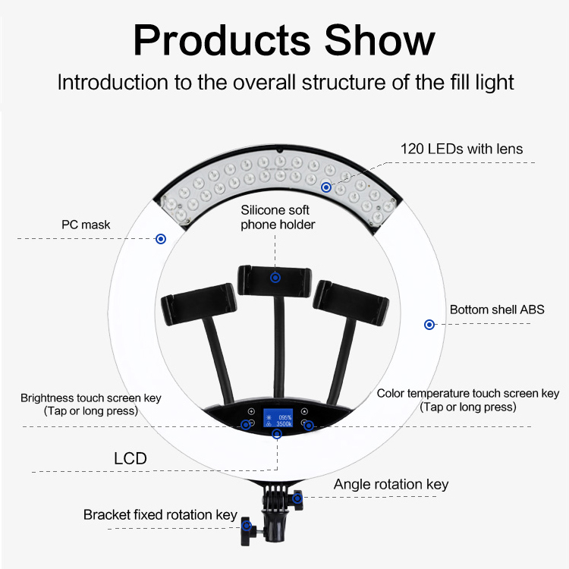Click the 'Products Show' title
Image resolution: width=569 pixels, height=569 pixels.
(x=284, y=40)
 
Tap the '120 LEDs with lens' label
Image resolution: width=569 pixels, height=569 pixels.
(x=461, y=149)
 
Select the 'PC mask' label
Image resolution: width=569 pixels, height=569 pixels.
(x=86, y=225)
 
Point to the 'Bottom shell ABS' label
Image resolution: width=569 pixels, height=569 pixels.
(x=497, y=310)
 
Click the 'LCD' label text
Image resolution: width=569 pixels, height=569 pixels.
(x=130, y=458)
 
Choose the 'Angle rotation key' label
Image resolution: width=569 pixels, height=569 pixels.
(x=391, y=485)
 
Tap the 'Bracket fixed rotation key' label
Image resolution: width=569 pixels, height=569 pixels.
(x=160, y=514)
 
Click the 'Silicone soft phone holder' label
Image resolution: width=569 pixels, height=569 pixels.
(x=278, y=218)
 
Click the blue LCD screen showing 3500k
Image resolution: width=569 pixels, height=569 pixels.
(x=278, y=418)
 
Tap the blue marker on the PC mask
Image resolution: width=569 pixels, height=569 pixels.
(x=161, y=239)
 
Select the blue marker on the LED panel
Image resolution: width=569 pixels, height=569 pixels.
(x=326, y=187)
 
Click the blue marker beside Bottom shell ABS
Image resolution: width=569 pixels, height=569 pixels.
(x=429, y=325)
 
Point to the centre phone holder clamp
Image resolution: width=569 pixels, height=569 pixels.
(x=275, y=280)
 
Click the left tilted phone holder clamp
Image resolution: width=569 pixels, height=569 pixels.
(x=199, y=304)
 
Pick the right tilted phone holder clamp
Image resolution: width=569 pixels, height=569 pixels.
(x=351, y=303)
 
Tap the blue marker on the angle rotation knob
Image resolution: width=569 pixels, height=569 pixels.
(x=297, y=498)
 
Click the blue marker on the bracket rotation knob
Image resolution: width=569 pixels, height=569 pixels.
(x=247, y=526)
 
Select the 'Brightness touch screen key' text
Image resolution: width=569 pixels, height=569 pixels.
(x=91, y=398)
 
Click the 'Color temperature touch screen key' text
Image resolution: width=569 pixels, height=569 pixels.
(x=468, y=393)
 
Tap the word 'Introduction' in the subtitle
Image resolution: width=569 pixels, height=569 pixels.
(x=113, y=82)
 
